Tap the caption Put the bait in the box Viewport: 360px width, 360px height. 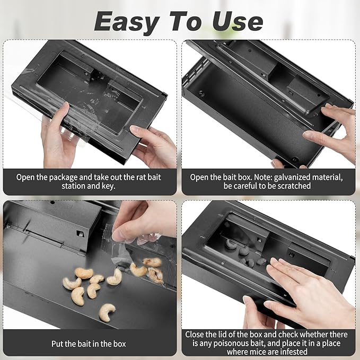point(89,344)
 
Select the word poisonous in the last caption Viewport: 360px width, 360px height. point(219,344)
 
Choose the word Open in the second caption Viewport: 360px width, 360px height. point(200,177)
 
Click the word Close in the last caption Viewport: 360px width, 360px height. point(196,335)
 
